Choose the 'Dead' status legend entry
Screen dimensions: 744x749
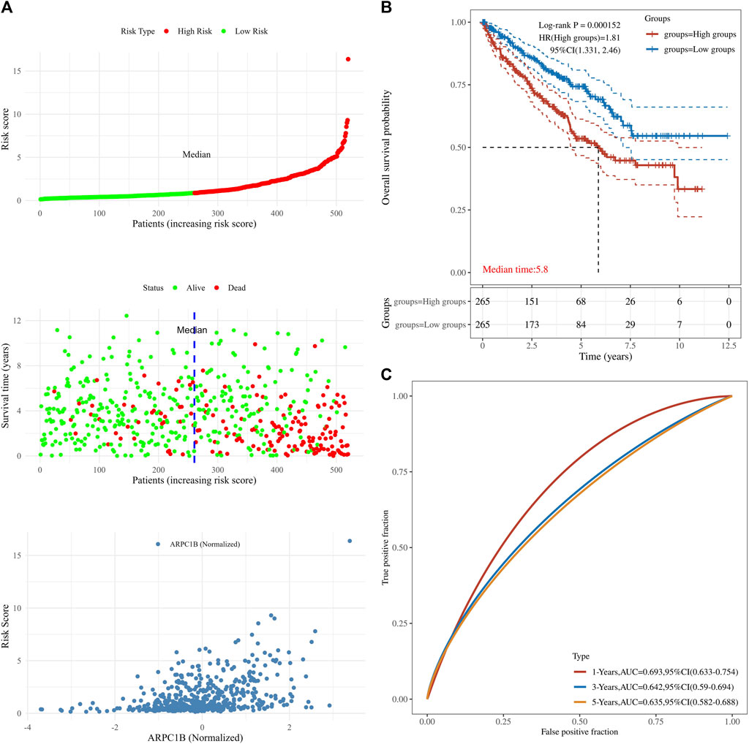(235, 287)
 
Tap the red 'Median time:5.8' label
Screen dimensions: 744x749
(515, 270)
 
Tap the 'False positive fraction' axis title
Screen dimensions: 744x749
(579, 730)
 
